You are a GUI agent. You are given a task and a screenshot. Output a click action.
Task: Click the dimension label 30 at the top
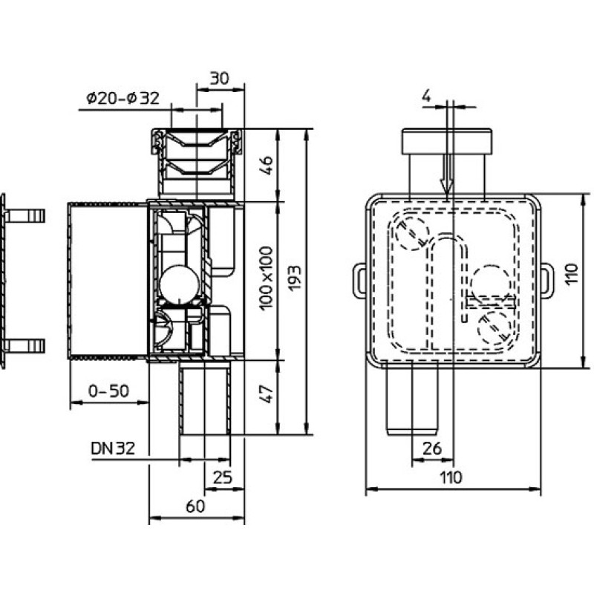220,79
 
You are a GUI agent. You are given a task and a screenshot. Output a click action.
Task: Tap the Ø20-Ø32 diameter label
123,99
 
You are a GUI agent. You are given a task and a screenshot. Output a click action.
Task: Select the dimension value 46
267,165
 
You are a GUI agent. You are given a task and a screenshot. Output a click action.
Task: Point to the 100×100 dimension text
267,278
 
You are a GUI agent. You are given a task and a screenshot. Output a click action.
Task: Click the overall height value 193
294,278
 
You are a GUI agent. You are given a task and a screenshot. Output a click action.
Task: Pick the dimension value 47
268,394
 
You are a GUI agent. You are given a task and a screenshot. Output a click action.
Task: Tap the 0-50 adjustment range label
108,391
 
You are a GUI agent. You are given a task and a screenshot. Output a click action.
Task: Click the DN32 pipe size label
113,448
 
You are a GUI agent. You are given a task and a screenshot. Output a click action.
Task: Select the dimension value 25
222,477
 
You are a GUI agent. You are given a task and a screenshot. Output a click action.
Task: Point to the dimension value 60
195,506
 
